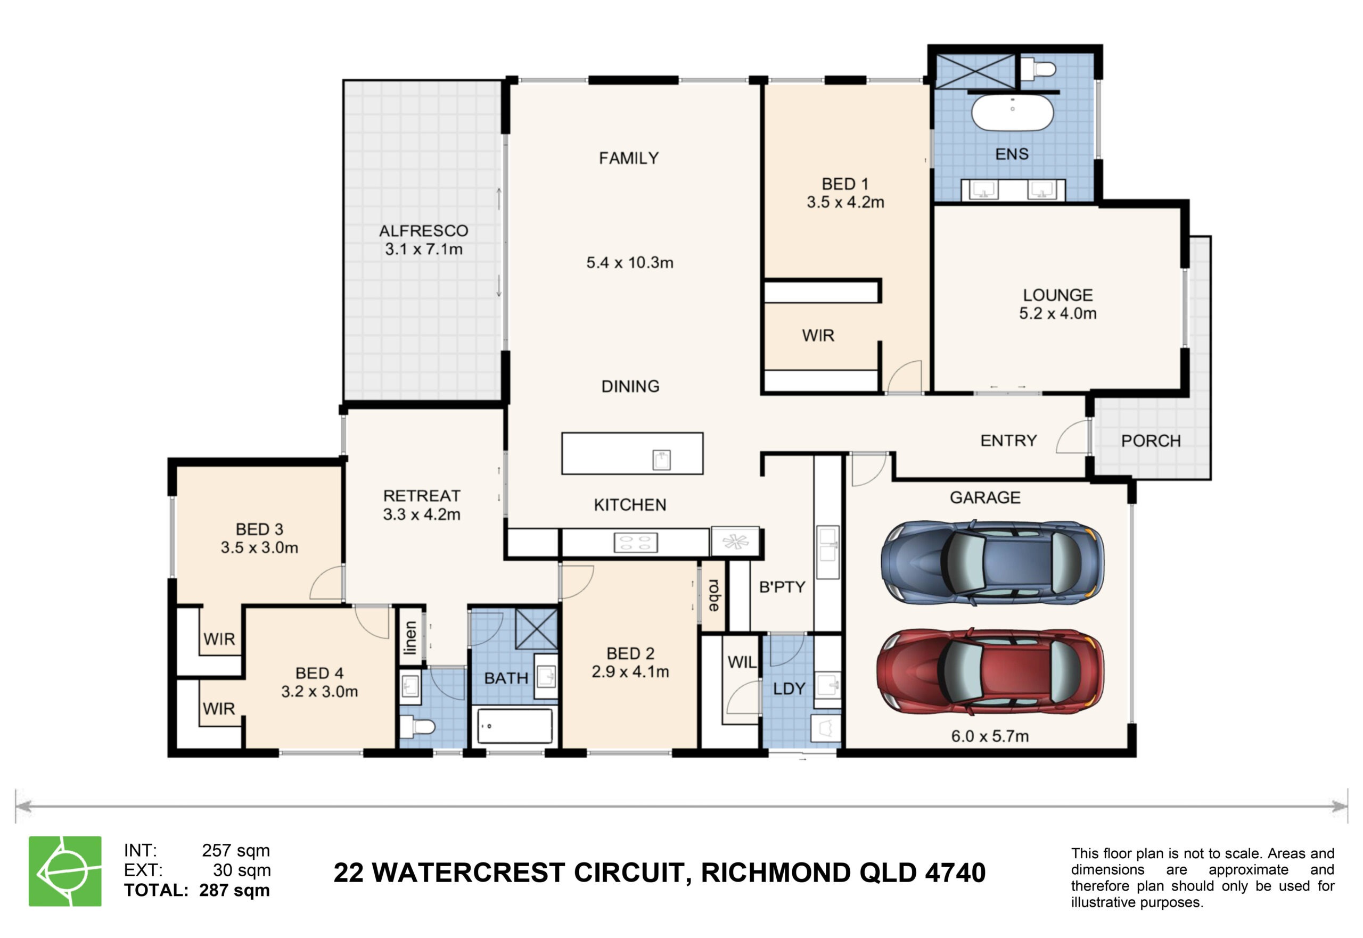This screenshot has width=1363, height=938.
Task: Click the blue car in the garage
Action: point(991,562)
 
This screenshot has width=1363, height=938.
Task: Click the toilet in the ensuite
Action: point(1038,69)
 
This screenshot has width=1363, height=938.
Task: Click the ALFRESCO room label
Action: point(423,231)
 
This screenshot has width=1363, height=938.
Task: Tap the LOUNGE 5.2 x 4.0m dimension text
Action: point(1058,313)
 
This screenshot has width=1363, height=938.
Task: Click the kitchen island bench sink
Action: point(661,460)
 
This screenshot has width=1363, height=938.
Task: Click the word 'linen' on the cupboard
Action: point(410,638)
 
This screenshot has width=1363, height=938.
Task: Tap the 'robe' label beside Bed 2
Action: point(713,595)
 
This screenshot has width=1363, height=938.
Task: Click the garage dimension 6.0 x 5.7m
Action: point(990,736)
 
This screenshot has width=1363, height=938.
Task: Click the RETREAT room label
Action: point(422,496)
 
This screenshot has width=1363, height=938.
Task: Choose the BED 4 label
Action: point(319,673)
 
